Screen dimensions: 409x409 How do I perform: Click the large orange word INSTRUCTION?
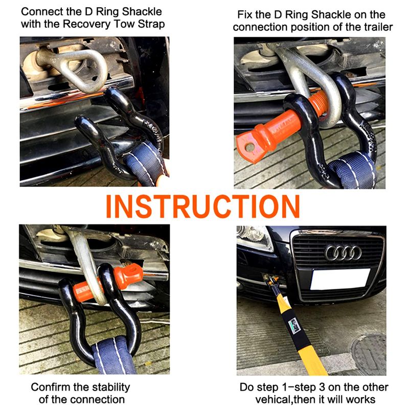pyautogui.click(x=202, y=207)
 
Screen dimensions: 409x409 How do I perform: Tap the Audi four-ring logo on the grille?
pyautogui.click(x=343, y=253)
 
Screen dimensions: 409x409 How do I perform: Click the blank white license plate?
pyautogui.click(x=340, y=279)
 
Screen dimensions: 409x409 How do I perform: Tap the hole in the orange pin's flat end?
pyautogui.click(x=249, y=147)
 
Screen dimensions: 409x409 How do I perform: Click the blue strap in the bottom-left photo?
pyautogui.click(x=114, y=356)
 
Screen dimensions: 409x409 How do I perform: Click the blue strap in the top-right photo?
pyautogui.click(x=352, y=171)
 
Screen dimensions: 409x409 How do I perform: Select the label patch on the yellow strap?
pyautogui.click(x=295, y=326)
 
